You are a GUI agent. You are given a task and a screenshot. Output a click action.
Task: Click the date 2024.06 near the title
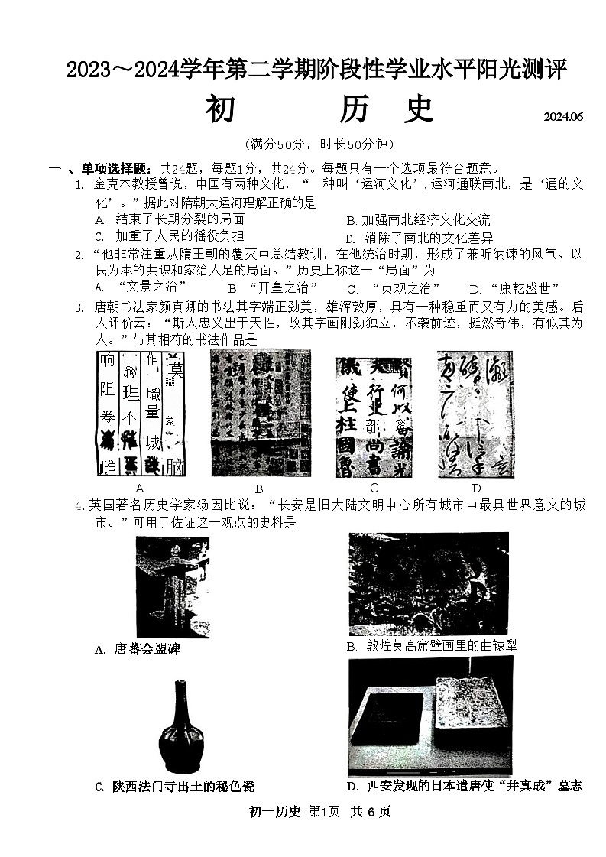563,117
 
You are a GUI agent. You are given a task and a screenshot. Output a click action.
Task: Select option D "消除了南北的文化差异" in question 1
419,238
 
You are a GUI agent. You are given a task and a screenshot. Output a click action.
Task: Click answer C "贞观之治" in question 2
396,288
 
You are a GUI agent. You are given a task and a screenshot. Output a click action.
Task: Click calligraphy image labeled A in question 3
141,414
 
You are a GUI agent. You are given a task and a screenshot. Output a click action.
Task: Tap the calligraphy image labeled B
261,413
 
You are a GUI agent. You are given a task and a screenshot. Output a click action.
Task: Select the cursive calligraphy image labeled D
475,414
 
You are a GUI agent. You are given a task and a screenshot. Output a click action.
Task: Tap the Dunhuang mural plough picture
428,583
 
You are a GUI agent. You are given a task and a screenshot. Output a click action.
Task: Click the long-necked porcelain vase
180,726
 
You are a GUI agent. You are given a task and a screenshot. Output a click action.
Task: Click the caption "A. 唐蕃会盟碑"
137,649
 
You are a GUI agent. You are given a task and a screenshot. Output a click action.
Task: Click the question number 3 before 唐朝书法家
79,307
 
